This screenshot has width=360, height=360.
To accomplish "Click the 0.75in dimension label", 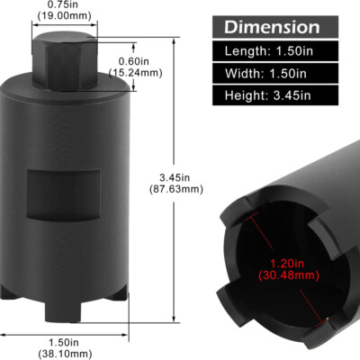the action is click(x=64, y=4).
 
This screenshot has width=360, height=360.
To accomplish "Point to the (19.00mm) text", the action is click(x=64, y=15).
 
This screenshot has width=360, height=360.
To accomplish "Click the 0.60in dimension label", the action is click(x=134, y=61).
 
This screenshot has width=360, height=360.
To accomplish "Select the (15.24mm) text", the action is click(x=135, y=73).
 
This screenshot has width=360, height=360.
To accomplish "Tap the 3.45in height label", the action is click(x=175, y=178).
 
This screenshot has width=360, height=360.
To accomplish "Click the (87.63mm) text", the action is click(x=176, y=189).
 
